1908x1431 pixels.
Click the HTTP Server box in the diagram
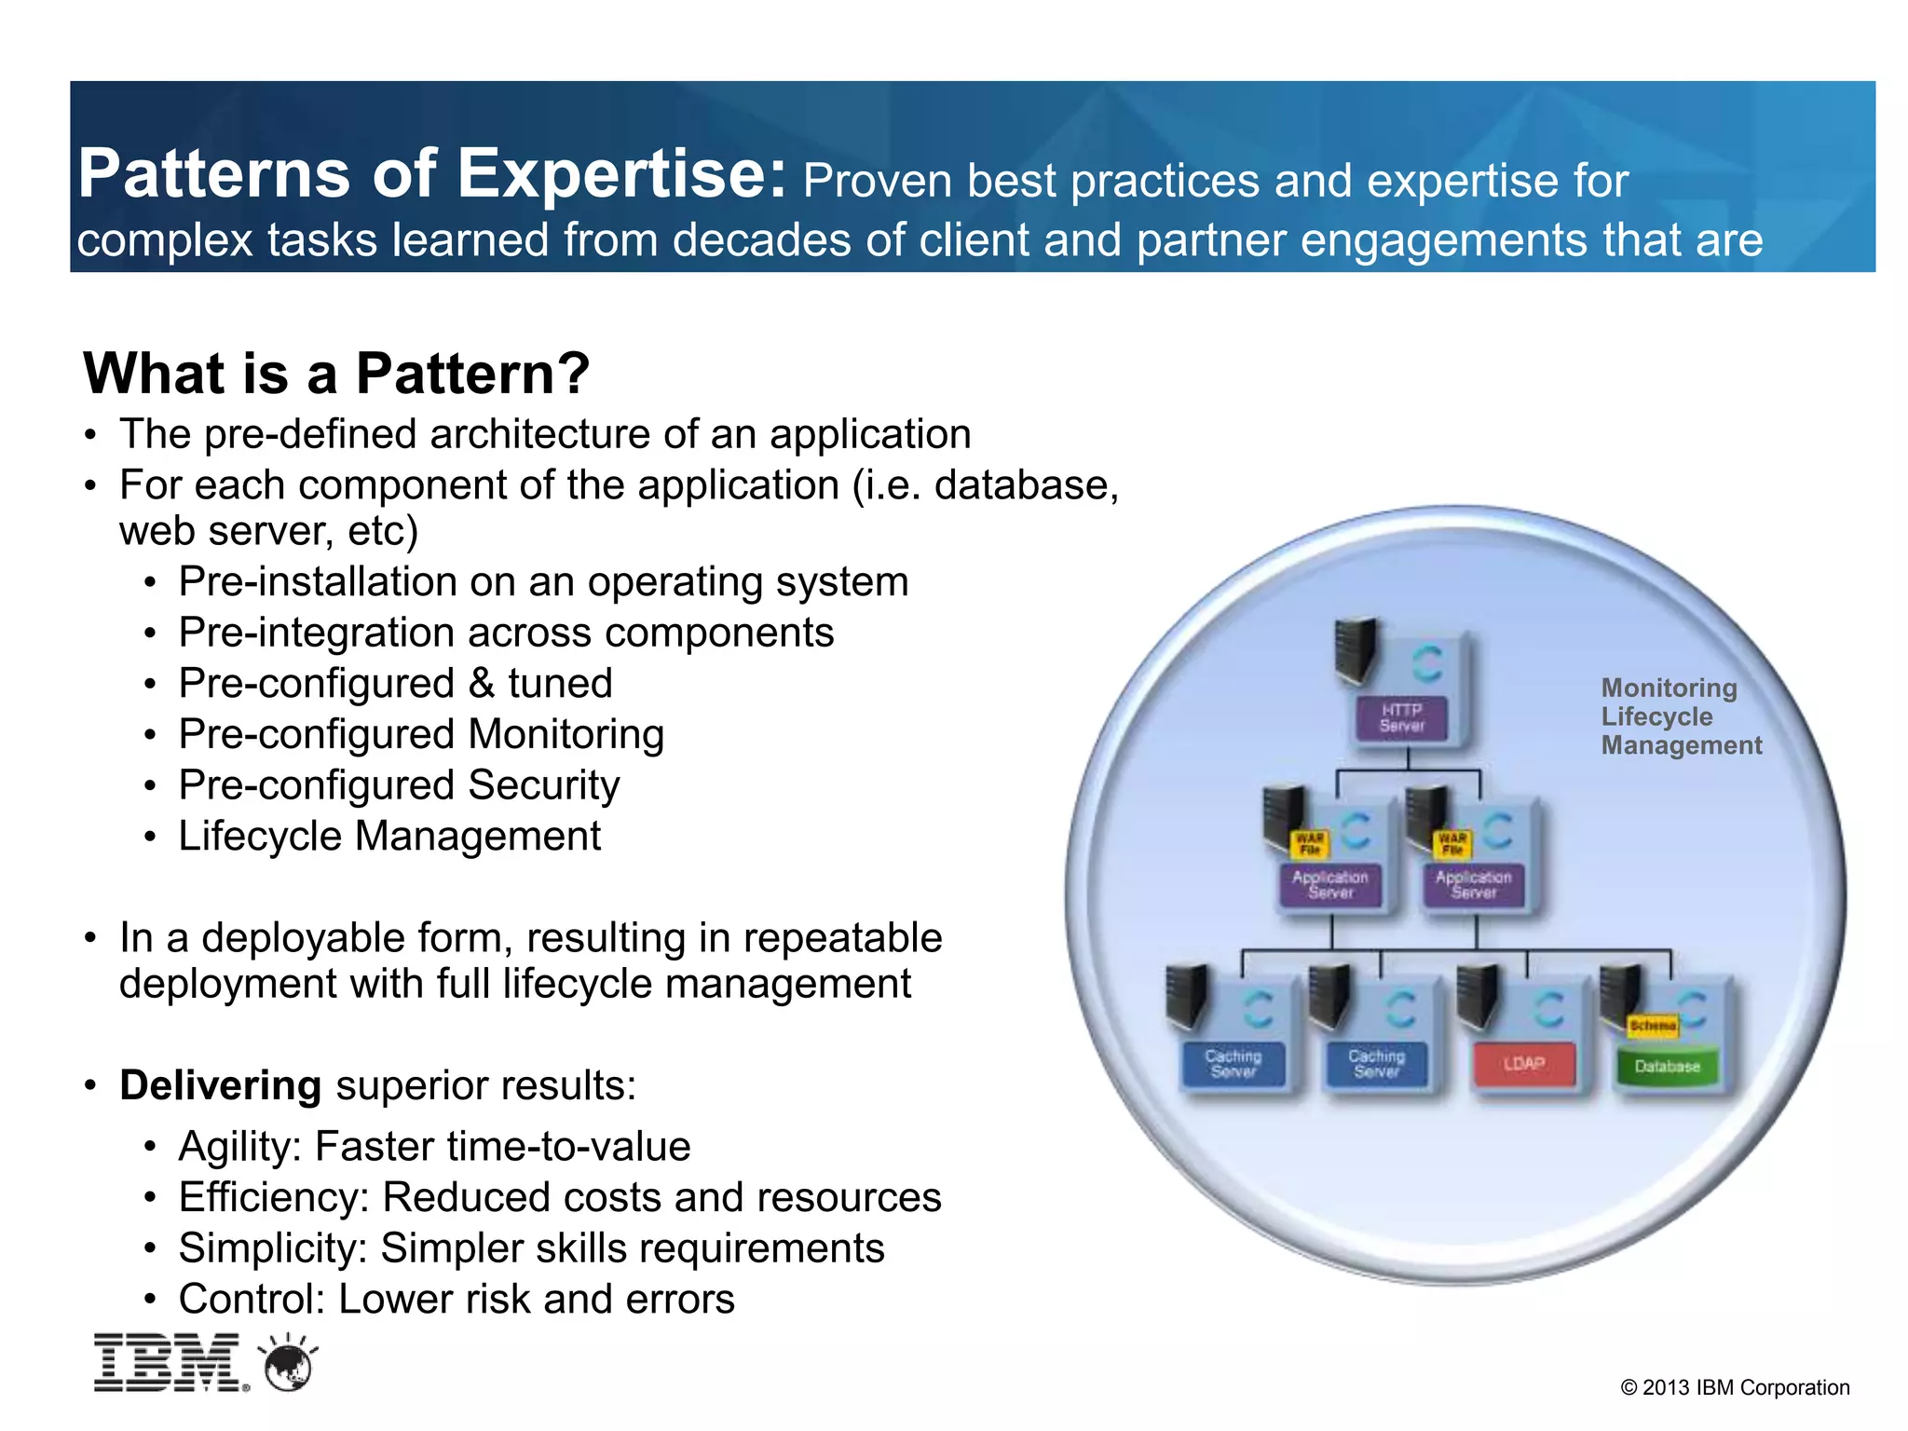(1401, 718)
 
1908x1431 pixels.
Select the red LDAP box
(1523, 1064)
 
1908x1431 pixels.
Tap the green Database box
(1667, 1066)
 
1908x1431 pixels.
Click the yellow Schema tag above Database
(1653, 1026)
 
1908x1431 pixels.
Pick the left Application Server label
(1329, 884)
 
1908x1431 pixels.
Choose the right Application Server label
(1473, 884)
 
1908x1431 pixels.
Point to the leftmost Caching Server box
(1233, 1064)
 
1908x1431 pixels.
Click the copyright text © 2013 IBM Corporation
(1735, 1387)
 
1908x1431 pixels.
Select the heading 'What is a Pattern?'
(336, 374)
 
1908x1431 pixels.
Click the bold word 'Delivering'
(221, 1086)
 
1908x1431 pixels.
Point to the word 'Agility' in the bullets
(237, 1147)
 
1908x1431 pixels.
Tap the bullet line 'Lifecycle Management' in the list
(389, 836)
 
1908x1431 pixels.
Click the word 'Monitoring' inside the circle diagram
(1669, 688)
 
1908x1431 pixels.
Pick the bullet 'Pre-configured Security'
(399, 785)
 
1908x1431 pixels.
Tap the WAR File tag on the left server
(1309, 843)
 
